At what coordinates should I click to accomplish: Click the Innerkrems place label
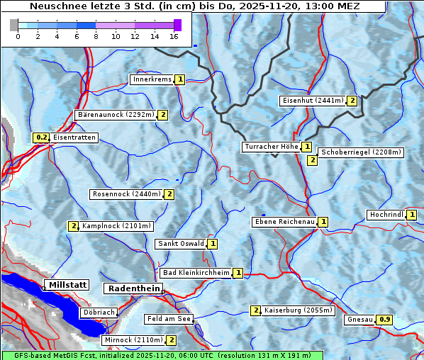pyautogui.click(x=152, y=79)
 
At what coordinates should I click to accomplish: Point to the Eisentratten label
pyautogui.click(x=74, y=137)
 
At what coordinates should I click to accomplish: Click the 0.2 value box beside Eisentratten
pyautogui.click(x=41, y=137)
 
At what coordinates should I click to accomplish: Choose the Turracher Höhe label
pyautogui.click(x=271, y=147)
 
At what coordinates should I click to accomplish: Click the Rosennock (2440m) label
pyautogui.click(x=127, y=194)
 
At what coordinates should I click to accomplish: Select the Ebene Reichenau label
pyautogui.click(x=284, y=222)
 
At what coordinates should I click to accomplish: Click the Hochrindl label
pyautogui.click(x=386, y=215)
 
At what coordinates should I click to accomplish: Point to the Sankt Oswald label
pyautogui.click(x=180, y=244)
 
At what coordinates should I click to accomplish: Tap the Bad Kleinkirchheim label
pyautogui.click(x=196, y=273)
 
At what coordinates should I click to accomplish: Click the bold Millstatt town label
pyautogui.click(x=67, y=285)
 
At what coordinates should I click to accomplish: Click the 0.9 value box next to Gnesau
pyautogui.click(x=384, y=320)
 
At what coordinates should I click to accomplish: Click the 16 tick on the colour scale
pyautogui.click(x=174, y=36)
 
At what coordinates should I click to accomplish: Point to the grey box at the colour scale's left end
pyautogui.click(x=14, y=25)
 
